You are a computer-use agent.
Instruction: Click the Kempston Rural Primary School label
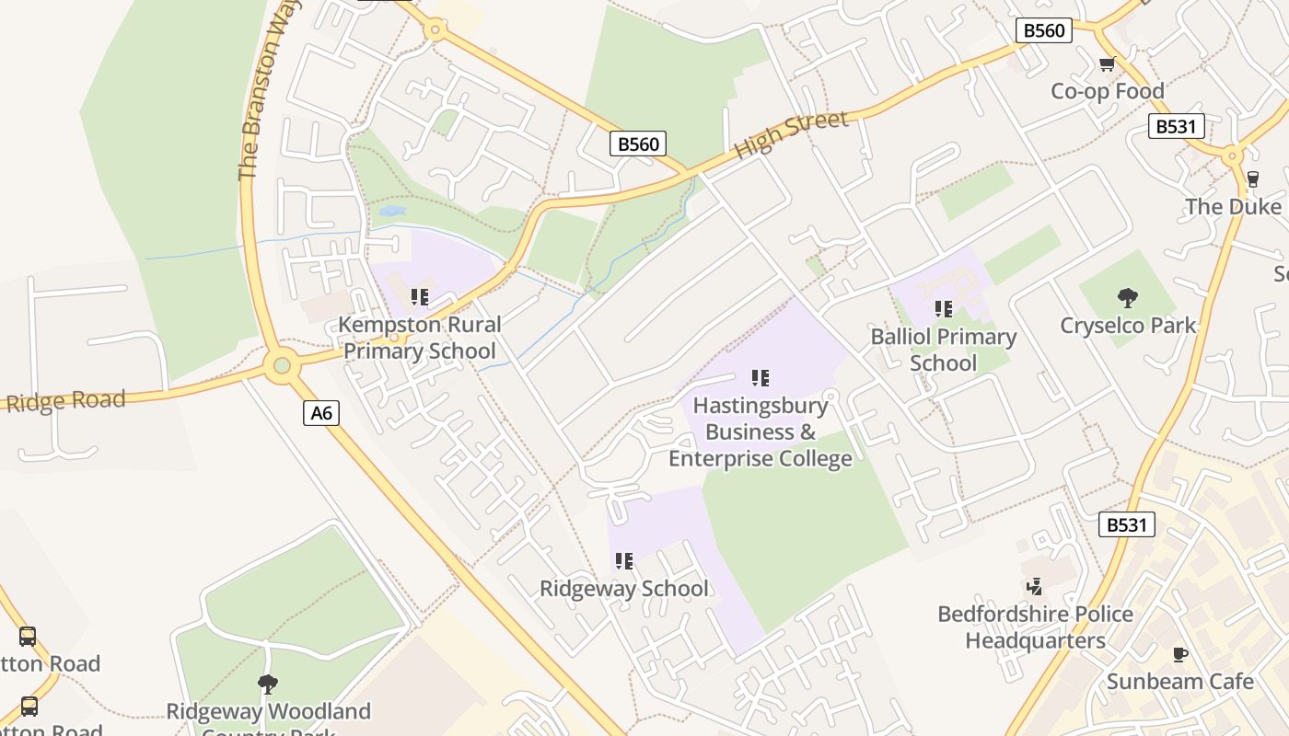(x=420, y=338)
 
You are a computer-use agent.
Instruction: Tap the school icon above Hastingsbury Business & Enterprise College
(x=760, y=377)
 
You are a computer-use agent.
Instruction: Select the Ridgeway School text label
(x=624, y=589)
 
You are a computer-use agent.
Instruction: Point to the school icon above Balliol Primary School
(x=943, y=309)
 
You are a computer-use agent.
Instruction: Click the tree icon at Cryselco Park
(x=1127, y=297)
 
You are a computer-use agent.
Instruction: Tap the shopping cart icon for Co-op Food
(x=1107, y=64)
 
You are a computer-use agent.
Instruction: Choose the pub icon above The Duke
(x=1252, y=179)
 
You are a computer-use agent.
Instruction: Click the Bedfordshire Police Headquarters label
(x=1035, y=627)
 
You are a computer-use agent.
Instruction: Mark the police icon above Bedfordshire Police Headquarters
(x=1035, y=586)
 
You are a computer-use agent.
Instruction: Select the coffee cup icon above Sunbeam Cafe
(x=1179, y=654)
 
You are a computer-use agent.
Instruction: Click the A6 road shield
(x=321, y=413)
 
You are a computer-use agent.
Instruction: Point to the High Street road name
(x=791, y=134)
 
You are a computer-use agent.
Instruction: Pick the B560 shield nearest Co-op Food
(x=1044, y=30)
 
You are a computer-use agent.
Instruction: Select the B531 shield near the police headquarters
(x=1127, y=525)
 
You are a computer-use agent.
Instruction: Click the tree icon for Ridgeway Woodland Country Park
(x=268, y=684)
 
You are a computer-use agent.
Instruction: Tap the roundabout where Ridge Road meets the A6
(x=282, y=366)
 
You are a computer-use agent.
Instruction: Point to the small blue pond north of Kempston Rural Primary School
(x=392, y=211)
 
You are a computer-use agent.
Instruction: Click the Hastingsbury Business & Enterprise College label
(x=760, y=431)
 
